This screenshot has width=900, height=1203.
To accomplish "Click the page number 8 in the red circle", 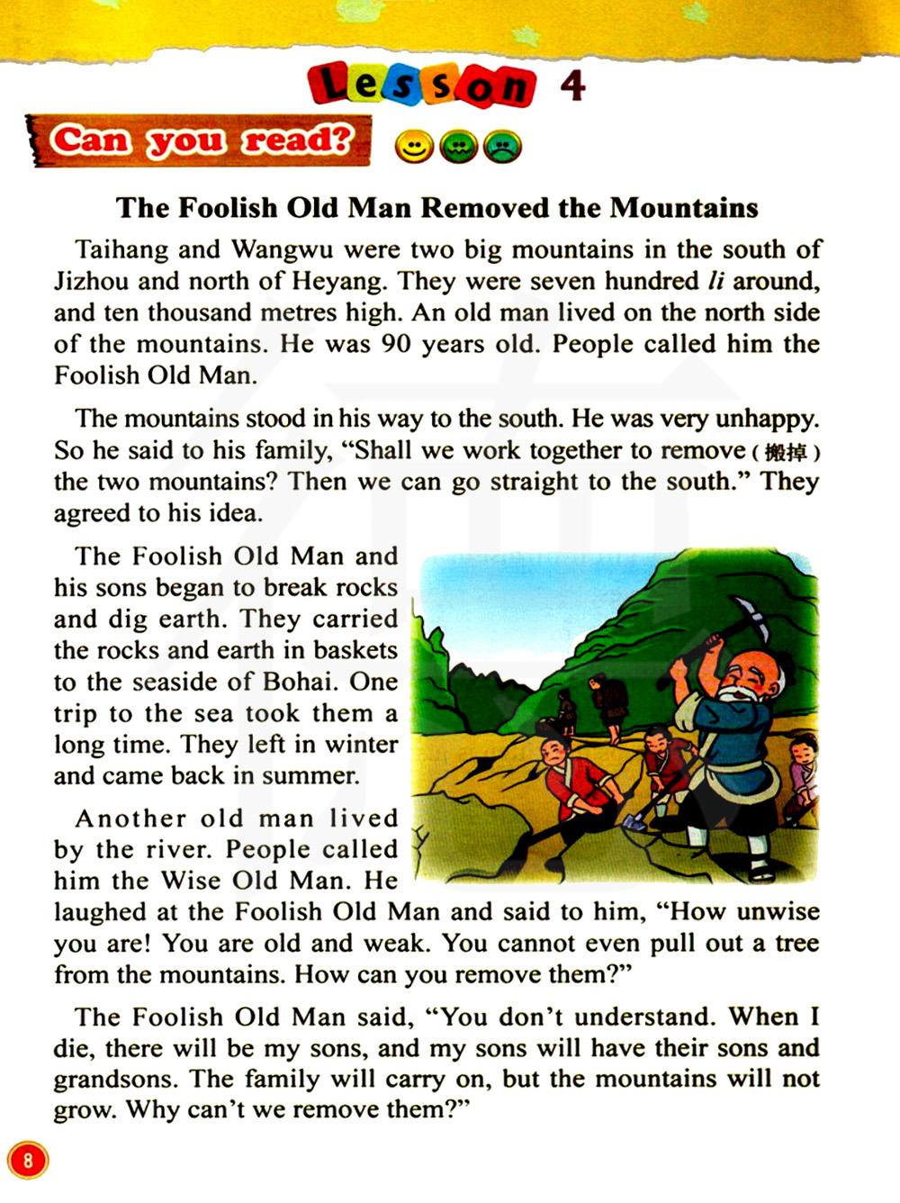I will tap(28, 1159).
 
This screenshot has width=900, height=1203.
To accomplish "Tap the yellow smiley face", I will tap(414, 147).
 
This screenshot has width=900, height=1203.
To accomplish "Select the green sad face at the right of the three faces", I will tap(502, 147).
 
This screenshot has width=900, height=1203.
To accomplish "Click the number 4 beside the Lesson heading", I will tap(572, 86).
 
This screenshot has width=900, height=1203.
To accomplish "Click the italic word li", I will tap(715, 281).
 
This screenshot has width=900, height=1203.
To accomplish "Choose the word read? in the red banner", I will tap(297, 140).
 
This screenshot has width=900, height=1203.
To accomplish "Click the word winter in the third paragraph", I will tap(360, 745).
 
